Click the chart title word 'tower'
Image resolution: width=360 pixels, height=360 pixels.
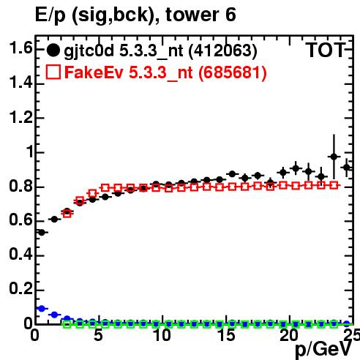click(192, 15)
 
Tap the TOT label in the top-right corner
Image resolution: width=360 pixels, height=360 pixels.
click(326, 50)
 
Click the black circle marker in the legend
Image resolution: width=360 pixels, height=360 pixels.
click(53, 50)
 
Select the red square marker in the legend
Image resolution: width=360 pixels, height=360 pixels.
click(53, 72)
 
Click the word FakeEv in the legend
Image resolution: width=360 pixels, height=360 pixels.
click(94, 72)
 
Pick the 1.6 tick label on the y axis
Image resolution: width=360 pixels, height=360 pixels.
click(20, 48)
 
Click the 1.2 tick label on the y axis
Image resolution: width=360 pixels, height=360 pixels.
click(20, 117)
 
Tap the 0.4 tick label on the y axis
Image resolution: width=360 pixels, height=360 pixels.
click(20, 255)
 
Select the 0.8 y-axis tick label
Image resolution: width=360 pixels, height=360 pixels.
click(20, 186)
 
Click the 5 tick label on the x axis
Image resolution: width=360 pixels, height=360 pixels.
click(98, 335)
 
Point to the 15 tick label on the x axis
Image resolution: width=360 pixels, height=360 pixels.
click(227, 335)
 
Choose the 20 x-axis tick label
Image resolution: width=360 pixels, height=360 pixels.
click(289, 335)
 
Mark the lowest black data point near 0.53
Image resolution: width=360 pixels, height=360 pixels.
click(42, 233)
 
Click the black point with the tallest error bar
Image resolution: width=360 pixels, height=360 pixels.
click(334, 157)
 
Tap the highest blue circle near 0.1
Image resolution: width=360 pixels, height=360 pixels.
click(42, 309)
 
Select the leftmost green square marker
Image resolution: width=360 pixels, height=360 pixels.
click(67, 324)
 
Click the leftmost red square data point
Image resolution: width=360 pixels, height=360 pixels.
click(67, 214)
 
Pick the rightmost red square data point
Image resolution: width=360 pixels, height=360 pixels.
click(334, 185)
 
